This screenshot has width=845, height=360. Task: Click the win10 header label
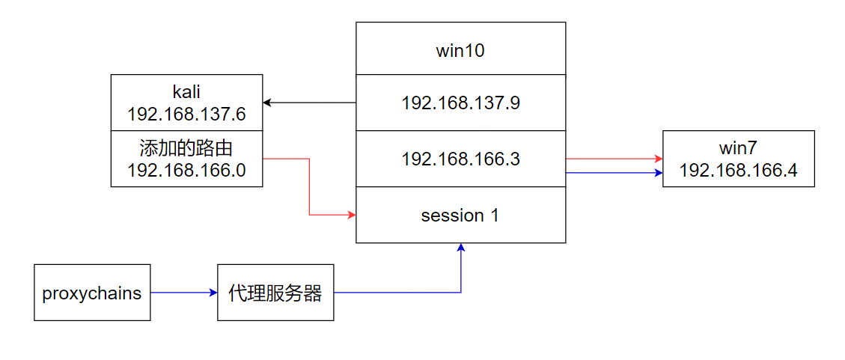tap(460, 52)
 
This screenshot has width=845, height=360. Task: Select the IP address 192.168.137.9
tap(460, 103)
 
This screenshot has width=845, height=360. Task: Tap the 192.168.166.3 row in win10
tap(460, 159)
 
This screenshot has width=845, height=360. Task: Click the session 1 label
tap(460, 216)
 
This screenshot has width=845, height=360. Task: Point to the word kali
tap(186, 92)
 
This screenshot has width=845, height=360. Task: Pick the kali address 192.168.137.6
tap(186, 115)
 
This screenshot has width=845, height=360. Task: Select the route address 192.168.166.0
tap(186, 171)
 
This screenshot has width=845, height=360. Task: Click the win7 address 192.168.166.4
tap(738, 171)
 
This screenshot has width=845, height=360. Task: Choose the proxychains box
tap(92, 293)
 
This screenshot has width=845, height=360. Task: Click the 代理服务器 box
tap(275, 293)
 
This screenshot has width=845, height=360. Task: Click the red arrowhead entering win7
tap(659, 159)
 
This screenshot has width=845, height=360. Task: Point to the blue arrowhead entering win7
tap(659, 173)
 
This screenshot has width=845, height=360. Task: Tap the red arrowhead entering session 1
tap(351, 216)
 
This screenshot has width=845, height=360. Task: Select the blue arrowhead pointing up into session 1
tap(461, 248)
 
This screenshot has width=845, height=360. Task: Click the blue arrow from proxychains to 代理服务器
tap(183, 293)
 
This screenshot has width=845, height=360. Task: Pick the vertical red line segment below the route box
tap(309, 187)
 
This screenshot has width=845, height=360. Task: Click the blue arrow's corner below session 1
tap(461, 293)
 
